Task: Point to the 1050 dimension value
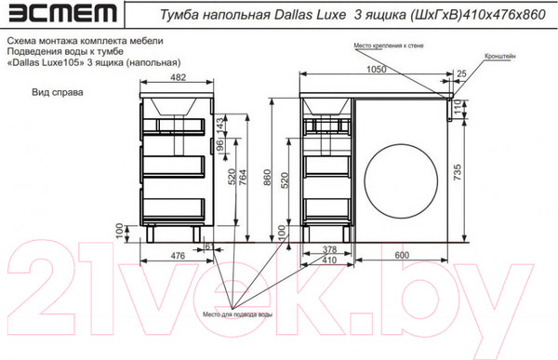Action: [x=376, y=70]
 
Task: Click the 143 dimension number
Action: [x=220, y=126]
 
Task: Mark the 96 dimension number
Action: [x=220, y=147]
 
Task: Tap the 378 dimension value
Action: [x=328, y=249]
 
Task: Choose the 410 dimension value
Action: [x=328, y=260]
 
